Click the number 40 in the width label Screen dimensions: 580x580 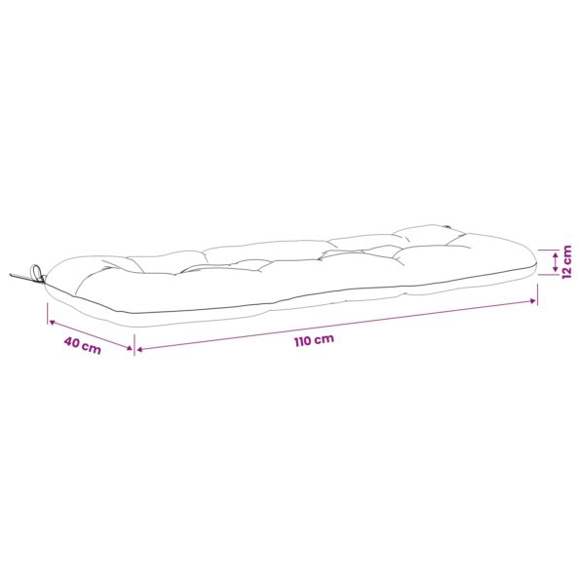coord(72,342)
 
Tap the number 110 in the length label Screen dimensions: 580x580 coord(302,341)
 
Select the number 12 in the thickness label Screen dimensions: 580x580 coord(566,271)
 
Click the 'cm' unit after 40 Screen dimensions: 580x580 coord(92,348)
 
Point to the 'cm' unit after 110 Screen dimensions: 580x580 coord(324,338)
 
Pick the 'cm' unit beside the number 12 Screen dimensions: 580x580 coord(566,253)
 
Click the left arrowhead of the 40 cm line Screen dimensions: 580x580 coord(53,323)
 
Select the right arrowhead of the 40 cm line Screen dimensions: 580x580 coord(129,348)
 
